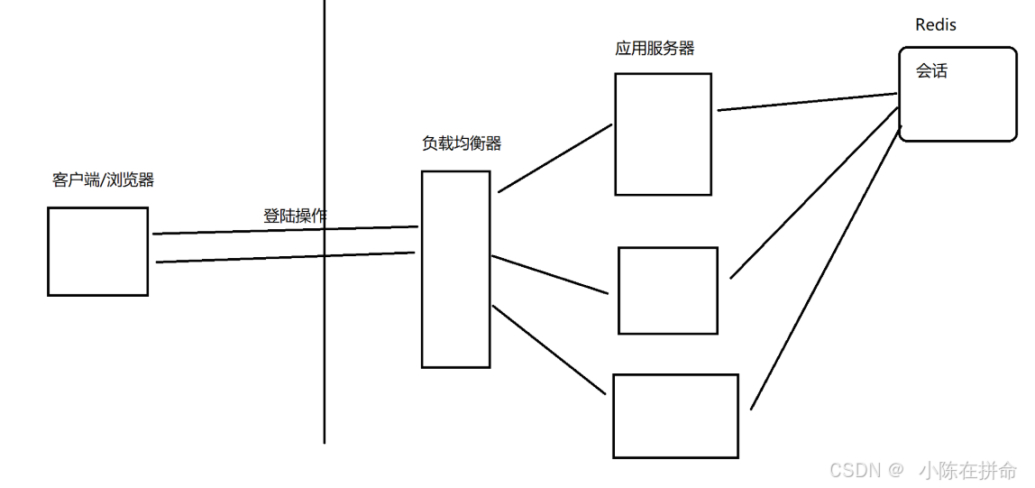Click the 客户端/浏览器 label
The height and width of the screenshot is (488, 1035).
point(104,180)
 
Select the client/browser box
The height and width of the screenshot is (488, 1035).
point(97,251)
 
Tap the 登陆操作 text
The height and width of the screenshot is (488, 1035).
point(295,216)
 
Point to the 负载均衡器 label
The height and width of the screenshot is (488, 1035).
point(462,143)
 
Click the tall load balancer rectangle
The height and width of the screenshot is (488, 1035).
point(455,269)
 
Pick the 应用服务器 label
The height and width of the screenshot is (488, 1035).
point(655,49)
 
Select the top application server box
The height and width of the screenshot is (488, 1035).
point(663,134)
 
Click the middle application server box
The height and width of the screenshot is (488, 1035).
point(667,290)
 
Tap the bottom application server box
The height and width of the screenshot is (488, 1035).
point(675,415)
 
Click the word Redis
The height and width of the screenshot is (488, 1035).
point(935,25)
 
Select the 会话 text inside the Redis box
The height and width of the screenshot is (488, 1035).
point(931,71)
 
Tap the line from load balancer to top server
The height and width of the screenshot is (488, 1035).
point(554,158)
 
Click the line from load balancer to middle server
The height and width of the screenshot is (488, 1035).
point(550,274)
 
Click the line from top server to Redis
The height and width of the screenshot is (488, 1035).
point(808,102)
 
